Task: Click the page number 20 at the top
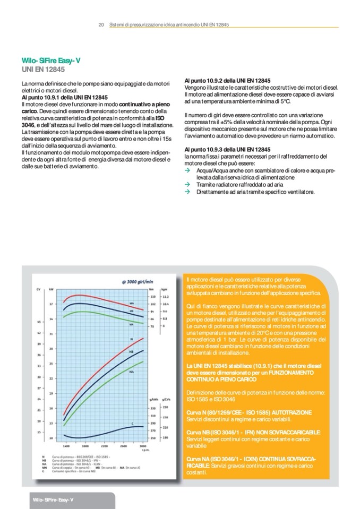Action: pos(101,24)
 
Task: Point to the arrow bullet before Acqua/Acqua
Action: pos(187,171)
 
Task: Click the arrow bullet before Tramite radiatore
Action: pos(187,184)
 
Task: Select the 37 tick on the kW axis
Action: pos(51,304)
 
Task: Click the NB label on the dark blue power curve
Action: pos(131,352)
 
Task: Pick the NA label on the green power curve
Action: pos(131,372)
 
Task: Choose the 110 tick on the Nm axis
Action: pos(152,296)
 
